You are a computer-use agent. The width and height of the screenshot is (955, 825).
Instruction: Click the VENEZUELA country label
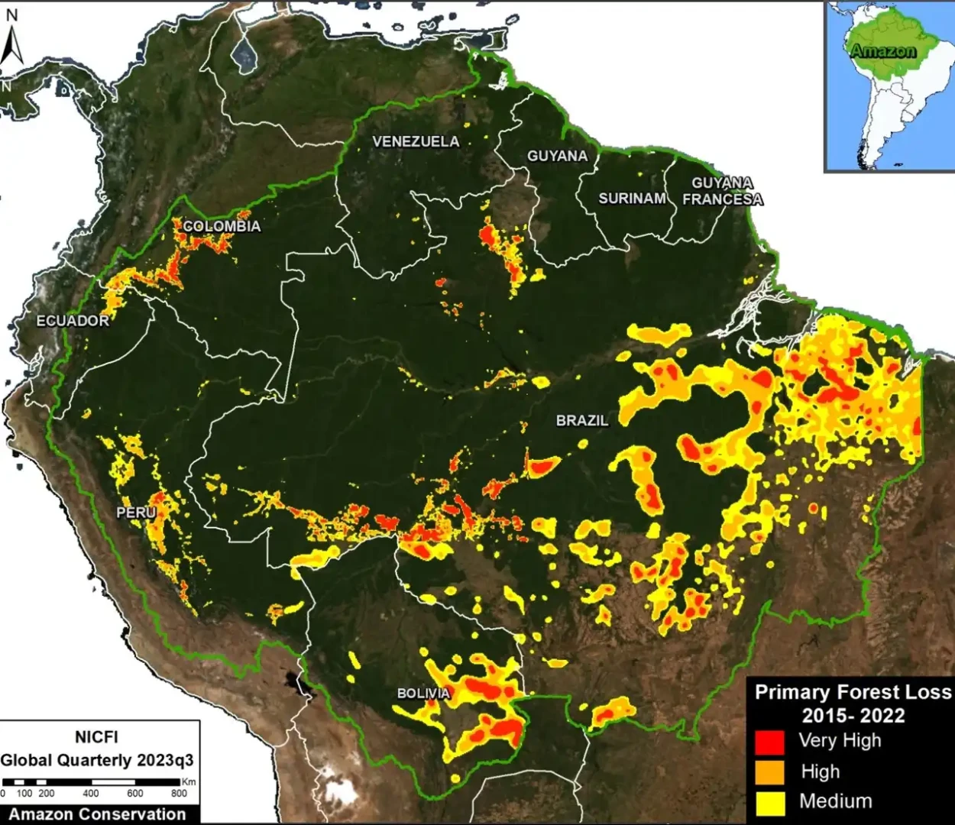416,141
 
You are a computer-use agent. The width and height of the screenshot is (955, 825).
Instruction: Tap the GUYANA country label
557,156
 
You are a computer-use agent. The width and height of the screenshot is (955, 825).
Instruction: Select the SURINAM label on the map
632,199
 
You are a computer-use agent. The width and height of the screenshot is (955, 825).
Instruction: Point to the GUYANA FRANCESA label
722,191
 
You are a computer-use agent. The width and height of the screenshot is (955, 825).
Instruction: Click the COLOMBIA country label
222,226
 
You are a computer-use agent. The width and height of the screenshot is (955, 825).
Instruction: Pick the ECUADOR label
73,321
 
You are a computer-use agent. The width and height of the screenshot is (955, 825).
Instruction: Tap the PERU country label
136,513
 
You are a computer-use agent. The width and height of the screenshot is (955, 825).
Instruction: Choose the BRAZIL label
582,420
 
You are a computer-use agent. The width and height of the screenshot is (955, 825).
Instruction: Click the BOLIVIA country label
423,694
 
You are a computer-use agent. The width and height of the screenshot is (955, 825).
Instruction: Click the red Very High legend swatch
769,742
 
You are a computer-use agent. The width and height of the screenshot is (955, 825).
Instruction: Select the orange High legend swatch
769,772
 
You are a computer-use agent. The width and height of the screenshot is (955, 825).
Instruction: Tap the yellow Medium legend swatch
769,802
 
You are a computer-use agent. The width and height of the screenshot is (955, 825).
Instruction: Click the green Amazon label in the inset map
882,51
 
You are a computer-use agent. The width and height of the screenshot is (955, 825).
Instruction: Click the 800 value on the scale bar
179,794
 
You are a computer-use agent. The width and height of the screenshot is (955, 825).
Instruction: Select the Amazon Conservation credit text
98,814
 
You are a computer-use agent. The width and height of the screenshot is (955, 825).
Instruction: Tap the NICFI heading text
96,737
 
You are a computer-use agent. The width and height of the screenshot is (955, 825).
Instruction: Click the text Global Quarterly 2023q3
97,761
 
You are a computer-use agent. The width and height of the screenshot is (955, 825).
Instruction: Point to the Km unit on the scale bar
189,781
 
